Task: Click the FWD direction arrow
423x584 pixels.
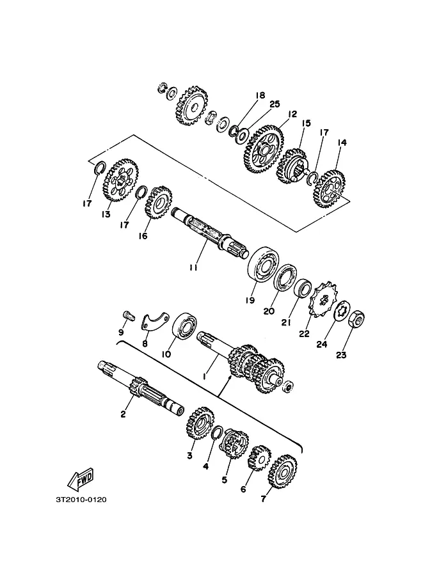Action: [80, 479]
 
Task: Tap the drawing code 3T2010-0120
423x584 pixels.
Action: [81, 500]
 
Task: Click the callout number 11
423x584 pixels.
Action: [193, 267]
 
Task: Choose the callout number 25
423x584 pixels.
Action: [275, 104]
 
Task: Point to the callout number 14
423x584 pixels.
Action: [342, 142]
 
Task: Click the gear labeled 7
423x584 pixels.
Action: [282, 471]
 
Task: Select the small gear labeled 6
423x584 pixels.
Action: [259, 458]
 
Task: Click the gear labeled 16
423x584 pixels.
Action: [160, 203]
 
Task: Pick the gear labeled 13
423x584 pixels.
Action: [120, 180]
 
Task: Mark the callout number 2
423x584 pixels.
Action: [123, 413]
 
